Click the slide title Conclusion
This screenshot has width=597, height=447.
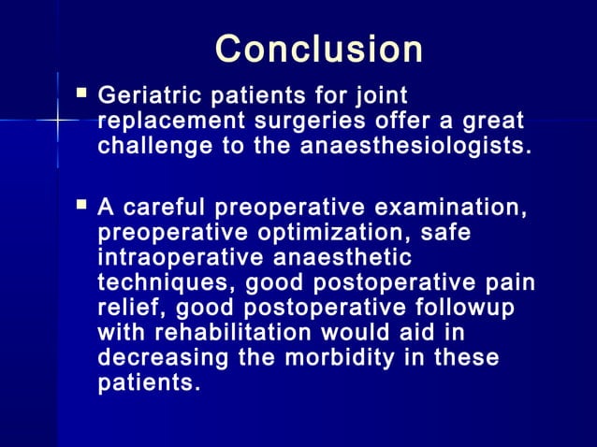click(x=318, y=50)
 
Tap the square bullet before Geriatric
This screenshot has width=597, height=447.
click(x=81, y=94)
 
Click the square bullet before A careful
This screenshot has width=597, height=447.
click(x=81, y=204)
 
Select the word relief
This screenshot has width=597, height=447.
click(x=125, y=308)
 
